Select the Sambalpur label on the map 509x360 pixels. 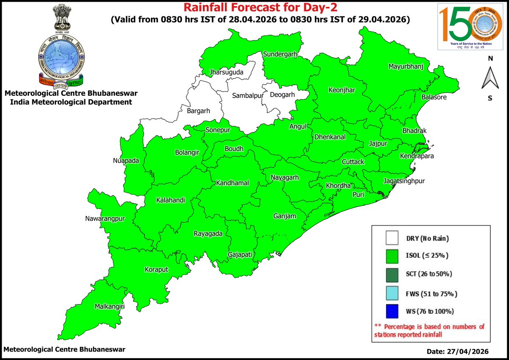point(247,96)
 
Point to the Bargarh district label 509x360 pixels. point(199,112)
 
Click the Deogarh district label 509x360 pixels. point(282,95)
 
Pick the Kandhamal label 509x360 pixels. point(232,183)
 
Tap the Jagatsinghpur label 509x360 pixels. point(404,181)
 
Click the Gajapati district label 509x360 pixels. point(240,255)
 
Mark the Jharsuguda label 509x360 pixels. point(227,73)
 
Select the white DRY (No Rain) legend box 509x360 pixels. point(392,238)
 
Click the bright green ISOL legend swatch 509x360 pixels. point(392,256)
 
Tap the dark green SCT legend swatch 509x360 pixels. point(392,274)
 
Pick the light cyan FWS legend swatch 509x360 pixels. point(392,293)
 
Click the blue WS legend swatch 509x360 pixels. point(392,311)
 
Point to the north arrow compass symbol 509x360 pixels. point(490,79)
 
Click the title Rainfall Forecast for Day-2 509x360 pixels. point(254,8)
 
